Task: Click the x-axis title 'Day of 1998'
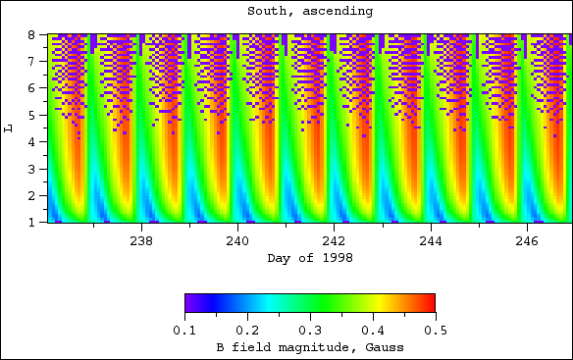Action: click(309, 258)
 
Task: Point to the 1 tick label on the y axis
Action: click(31, 223)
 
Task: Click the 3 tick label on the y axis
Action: click(31, 169)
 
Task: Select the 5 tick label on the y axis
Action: click(31, 115)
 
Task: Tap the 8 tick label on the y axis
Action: click(31, 34)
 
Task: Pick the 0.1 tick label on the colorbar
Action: click(184, 331)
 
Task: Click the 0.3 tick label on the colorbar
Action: click(309, 331)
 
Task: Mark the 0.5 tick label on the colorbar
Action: click(434, 331)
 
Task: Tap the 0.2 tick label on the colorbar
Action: click(247, 331)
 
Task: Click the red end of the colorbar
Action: click(429, 303)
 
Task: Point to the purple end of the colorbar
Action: click(189, 303)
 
